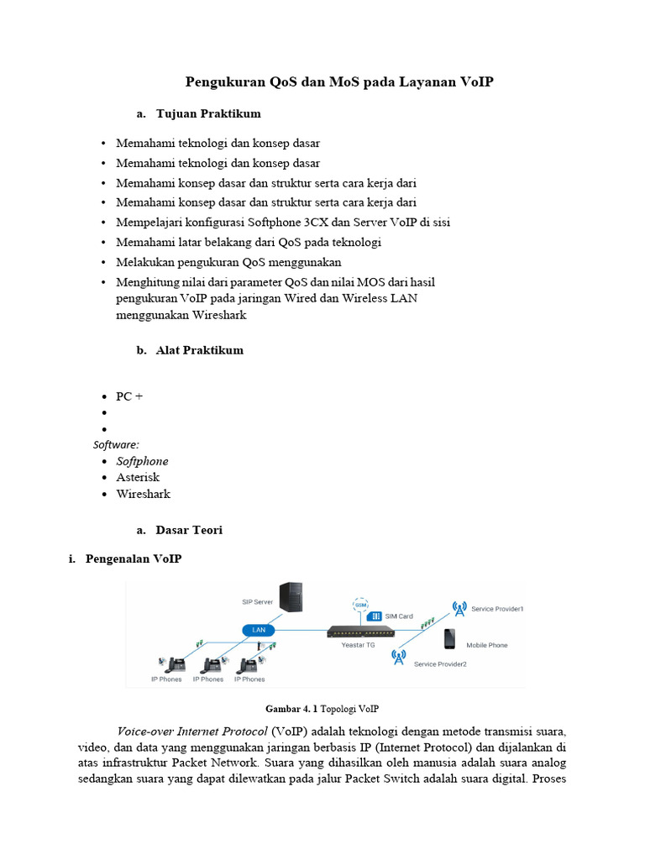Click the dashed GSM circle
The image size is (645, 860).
click(360, 606)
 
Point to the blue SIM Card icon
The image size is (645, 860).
click(377, 616)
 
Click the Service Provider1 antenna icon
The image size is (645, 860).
click(459, 608)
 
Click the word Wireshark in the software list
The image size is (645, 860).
click(144, 494)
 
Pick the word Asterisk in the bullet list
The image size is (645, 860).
click(138, 477)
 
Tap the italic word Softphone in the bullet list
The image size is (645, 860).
click(142, 461)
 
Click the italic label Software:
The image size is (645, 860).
click(116, 444)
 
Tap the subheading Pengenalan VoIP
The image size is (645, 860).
click(134, 558)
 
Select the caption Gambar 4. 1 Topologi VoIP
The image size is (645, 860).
click(328, 708)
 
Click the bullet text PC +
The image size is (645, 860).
click(129, 396)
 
